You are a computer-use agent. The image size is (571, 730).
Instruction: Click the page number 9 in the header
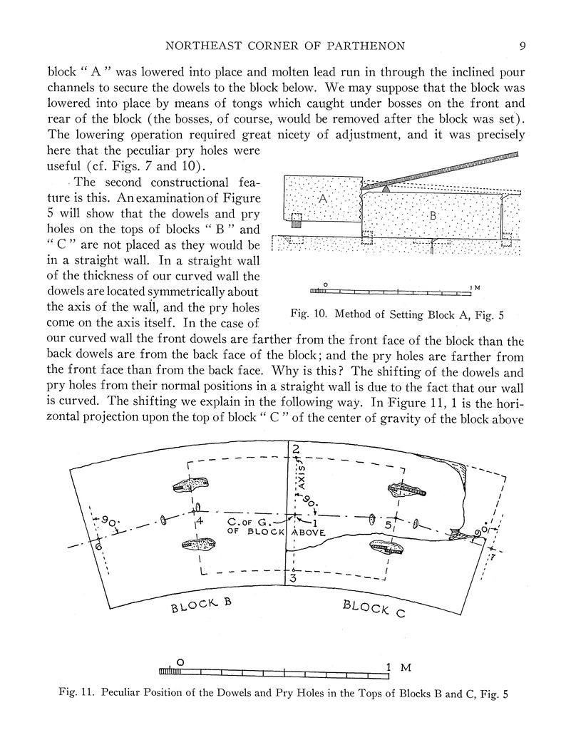tap(523, 47)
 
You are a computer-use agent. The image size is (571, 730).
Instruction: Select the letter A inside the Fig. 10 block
tap(321, 200)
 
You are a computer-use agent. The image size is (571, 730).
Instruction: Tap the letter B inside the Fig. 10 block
tap(433, 214)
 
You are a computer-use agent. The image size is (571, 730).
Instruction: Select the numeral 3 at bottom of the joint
tap(292, 578)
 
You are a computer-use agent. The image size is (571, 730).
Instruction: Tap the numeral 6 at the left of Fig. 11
tap(98, 547)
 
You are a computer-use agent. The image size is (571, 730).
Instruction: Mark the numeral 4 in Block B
tap(200, 521)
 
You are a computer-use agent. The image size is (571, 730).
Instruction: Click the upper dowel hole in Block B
tap(191, 485)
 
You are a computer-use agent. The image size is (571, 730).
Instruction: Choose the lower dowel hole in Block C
tap(387, 547)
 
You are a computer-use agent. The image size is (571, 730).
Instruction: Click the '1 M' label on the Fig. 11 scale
tap(396, 668)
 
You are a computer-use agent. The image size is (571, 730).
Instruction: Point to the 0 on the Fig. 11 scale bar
tap(180, 662)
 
